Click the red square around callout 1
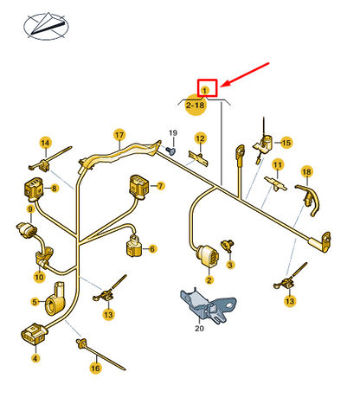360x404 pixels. (207, 80)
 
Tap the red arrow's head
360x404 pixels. (224, 84)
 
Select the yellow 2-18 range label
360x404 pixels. (196, 105)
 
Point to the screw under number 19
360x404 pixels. (170, 151)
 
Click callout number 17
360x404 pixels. (119, 135)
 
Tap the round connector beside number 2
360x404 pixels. (208, 256)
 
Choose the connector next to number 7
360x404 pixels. (139, 186)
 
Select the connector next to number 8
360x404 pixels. (33, 189)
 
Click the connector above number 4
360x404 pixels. (33, 334)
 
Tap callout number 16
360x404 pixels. (95, 368)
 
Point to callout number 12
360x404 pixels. (200, 138)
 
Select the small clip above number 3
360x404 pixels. (228, 246)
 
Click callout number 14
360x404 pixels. (45, 143)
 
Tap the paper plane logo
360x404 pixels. (46, 27)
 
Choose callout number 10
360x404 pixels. (40, 277)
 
